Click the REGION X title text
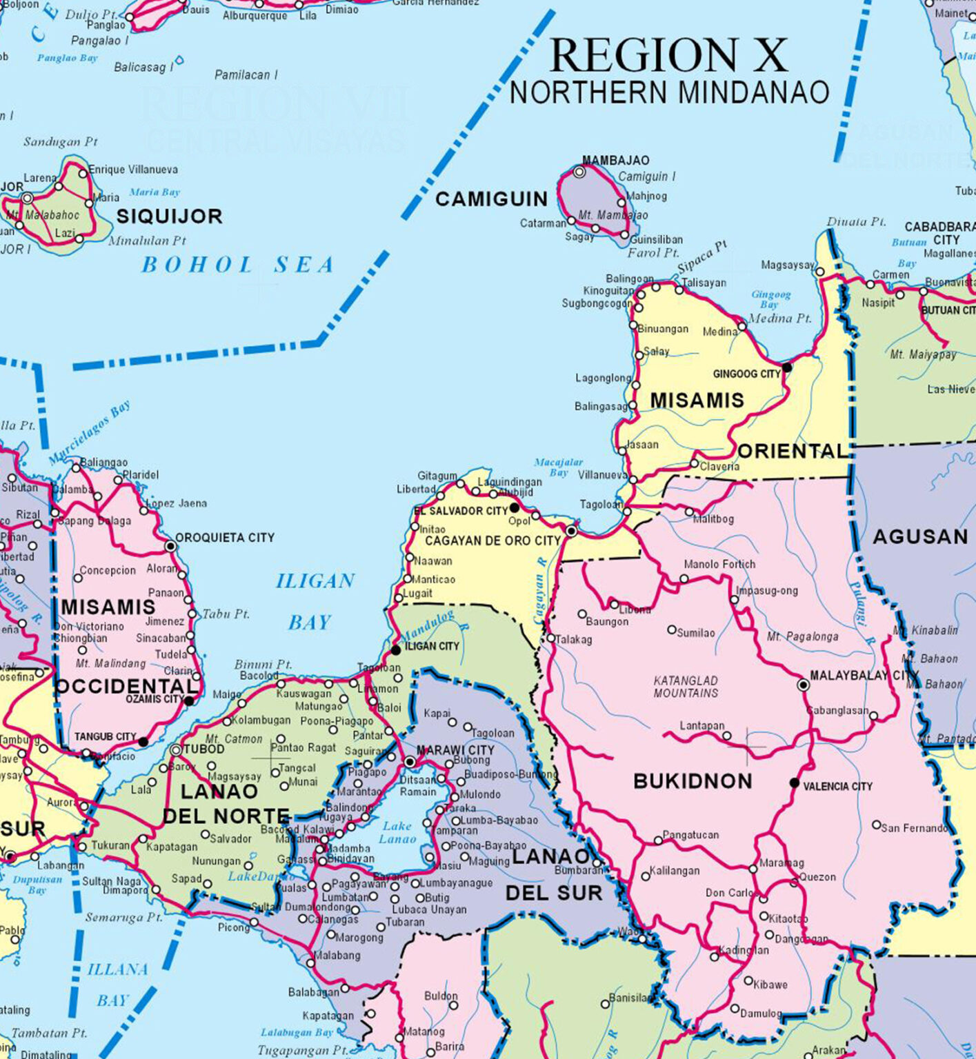(668, 55)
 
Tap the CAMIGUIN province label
(491, 199)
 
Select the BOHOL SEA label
(237, 265)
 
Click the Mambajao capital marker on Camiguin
(579, 172)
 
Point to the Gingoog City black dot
(787, 367)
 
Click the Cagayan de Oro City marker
(571, 531)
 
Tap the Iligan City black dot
(396, 649)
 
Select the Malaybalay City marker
(803, 685)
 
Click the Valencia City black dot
(795, 783)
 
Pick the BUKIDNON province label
(693, 781)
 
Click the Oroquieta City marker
(170, 546)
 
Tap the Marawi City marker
(410, 762)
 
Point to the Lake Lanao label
(397, 832)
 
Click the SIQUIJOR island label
(169, 216)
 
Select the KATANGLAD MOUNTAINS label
(686, 687)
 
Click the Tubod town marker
(176, 749)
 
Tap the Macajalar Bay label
(558, 467)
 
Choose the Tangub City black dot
(143, 742)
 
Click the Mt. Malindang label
(110, 663)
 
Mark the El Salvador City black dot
(514, 507)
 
